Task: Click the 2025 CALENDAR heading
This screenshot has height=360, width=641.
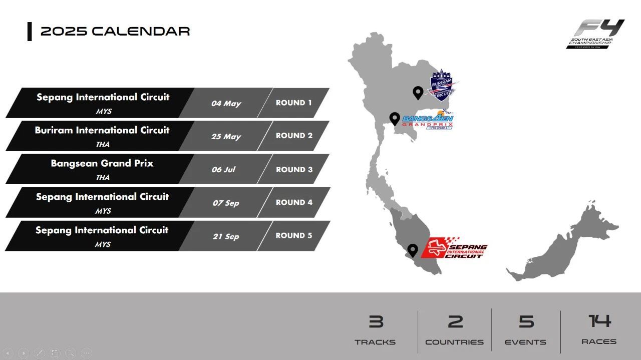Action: [x=115, y=31]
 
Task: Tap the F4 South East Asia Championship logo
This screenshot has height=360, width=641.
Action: [x=595, y=34]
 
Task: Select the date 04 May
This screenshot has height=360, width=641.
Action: [x=226, y=103]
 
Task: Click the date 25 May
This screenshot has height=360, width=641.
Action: [x=226, y=137]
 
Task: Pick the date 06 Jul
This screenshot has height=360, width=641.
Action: [x=223, y=169]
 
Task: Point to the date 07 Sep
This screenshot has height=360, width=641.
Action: [x=226, y=203]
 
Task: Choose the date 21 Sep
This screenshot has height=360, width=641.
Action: [x=226, y=236]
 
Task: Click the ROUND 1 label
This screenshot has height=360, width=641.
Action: [x=293, y=103]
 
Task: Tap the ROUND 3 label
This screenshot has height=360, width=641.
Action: [x=294, y=169]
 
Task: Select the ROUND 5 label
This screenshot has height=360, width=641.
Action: [x=293, y=235]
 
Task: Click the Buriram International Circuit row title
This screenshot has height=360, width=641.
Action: [x=102, y=130]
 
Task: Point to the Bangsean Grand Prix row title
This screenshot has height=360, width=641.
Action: [x=102, y=163]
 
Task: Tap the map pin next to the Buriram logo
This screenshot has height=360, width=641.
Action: [x=418, y=93]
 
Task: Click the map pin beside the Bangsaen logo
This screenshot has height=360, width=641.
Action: [x=395, y=119]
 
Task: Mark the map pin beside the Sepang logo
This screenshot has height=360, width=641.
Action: [x=412, y=250]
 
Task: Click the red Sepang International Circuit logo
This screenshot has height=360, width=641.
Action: [x=454, y=248]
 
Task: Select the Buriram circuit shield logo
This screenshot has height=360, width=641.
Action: [x=442, y=85]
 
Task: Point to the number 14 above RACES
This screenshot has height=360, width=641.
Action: [x=600, y=321]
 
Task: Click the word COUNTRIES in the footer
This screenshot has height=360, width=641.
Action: [x=454, y=342]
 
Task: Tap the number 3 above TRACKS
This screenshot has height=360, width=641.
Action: [x=376, y=321]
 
